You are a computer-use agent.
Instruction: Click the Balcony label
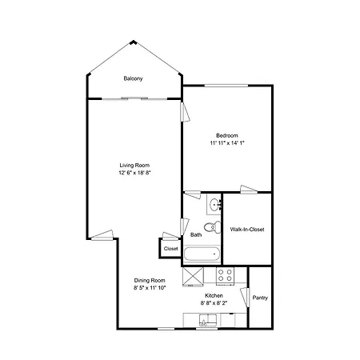pos(133,78)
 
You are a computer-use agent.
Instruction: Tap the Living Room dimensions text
pos(134,173)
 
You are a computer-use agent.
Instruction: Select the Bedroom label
pos(227,135)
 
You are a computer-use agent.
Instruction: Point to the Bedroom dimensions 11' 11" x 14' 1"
pos(227,143)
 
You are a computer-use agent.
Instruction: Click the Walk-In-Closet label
pos(247,230)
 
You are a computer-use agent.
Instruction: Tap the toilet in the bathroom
pos(213,227)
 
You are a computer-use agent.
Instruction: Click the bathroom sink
pos(214,205)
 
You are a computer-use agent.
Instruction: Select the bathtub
pos(202,254)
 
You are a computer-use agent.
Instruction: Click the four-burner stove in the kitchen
pos(225,275)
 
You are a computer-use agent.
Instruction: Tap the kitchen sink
pos(208,320)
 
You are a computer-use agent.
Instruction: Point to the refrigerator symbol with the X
pos(193,277)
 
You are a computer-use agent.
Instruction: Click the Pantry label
pos(260,298)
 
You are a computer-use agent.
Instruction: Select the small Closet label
pos(170,249)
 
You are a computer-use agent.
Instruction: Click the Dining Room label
pos(150,280)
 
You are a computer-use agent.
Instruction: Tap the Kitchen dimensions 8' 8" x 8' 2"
pos(214,303)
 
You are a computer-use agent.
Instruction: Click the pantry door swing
pos(245,297)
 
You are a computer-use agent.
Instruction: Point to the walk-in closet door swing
pos(249,189)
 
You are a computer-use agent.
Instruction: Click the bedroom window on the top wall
pos(226,86)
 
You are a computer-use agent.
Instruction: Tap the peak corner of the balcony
pos(133,41)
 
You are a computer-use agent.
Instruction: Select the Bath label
pos(196,235)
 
